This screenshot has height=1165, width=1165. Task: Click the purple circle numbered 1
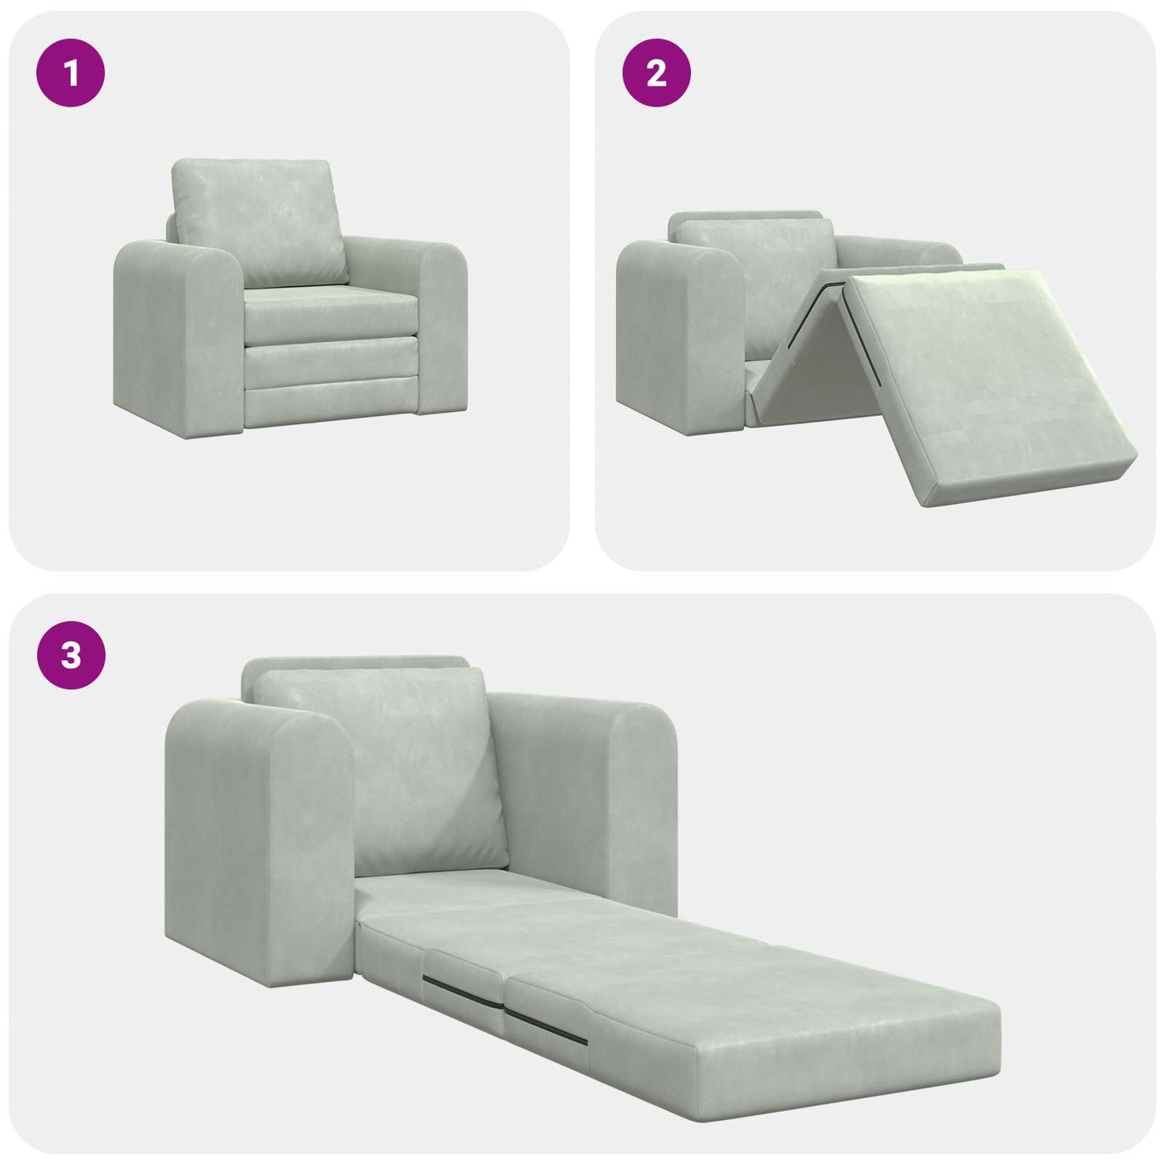pyautogui.click(x=71, y=73)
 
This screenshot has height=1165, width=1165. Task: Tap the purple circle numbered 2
pyautogui.click(x=656, y=73)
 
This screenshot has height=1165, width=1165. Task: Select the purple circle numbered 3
pyautogui.click(x=71, y=655)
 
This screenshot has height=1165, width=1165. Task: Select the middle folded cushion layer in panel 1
pyautogui.click(x=331, y=363)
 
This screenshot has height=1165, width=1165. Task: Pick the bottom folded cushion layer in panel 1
pyautogui.click(x=331, y=407)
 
